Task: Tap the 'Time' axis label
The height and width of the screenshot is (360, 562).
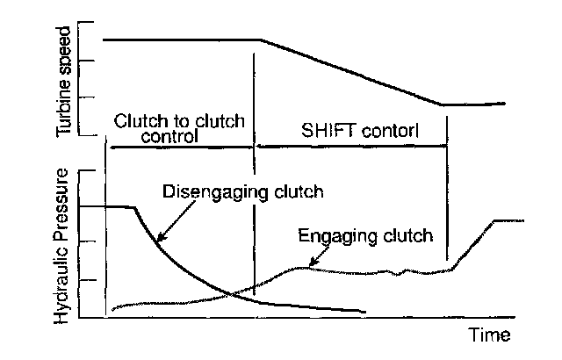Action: [488, 335]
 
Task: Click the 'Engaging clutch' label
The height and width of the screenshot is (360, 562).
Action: [366, 235]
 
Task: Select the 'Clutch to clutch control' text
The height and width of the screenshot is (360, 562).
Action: [178, 128]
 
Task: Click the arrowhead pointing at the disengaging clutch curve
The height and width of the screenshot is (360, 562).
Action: [159, 239]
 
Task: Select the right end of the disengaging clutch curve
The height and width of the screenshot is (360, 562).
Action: [364, 311]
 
